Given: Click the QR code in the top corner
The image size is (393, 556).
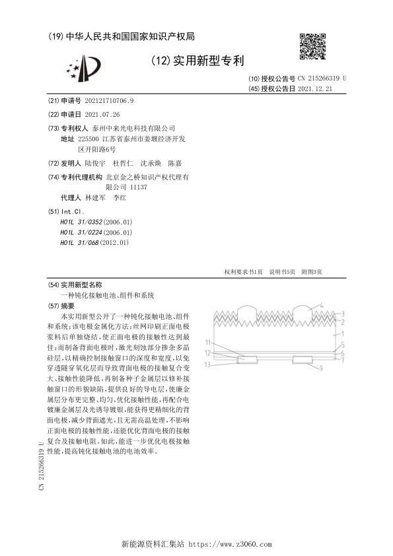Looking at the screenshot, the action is [x=310, y=44].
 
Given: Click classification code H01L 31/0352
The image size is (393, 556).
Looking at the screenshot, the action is [x=96, y=223].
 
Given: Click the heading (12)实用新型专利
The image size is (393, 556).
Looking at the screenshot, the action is [x=197, y=61].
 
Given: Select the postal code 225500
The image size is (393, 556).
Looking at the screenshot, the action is [x=88, y=139].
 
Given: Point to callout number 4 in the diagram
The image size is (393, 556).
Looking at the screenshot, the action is [x=321, y=306].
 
